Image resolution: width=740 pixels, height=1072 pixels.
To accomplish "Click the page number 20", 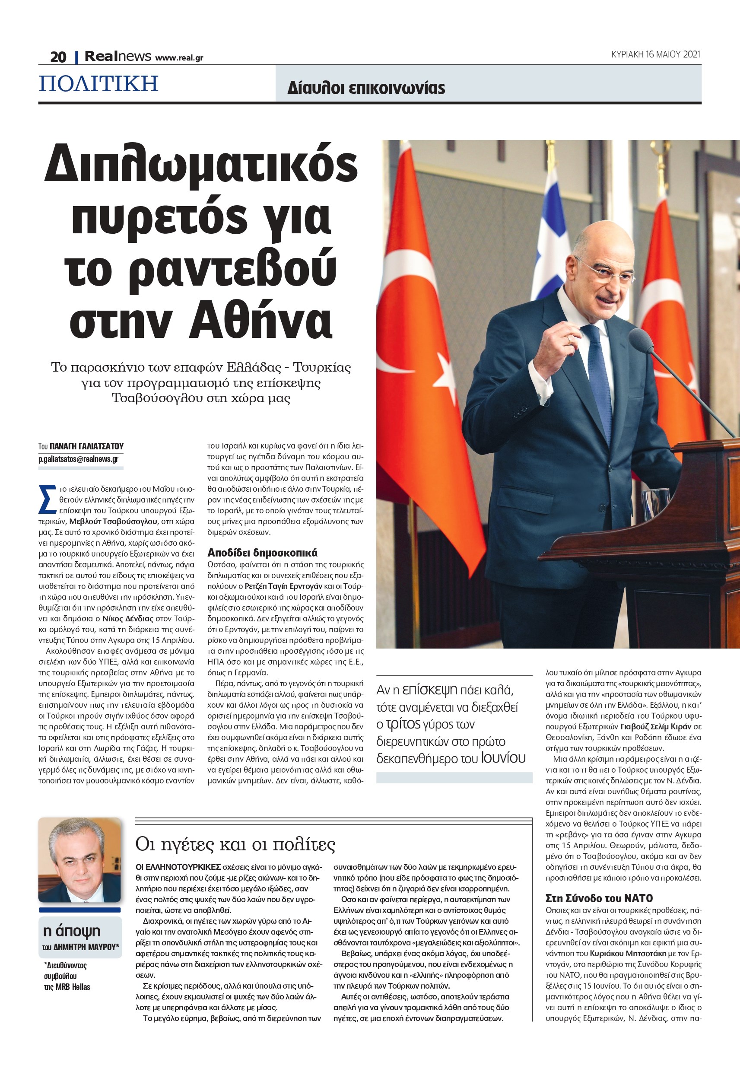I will coord(58,57).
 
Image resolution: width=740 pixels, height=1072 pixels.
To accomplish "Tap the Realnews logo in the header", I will coord(118,57).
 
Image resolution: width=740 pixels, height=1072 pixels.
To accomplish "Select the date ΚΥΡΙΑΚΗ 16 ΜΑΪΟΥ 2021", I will coord(655,54).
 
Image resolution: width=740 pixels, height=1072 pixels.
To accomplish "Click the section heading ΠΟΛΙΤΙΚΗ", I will coord(99,84).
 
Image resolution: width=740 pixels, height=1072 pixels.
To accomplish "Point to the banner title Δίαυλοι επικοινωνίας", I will coord(366,88).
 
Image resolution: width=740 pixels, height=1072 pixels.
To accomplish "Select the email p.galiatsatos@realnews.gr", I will coord(78,459).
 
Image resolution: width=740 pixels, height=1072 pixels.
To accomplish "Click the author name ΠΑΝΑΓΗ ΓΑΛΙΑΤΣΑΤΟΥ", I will coord(86,446).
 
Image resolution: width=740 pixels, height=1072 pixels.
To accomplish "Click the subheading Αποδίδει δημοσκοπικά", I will coord(262,552).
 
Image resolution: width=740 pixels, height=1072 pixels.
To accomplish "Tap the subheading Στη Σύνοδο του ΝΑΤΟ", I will coord(600,898).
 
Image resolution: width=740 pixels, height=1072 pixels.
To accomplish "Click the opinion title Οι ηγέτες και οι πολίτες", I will coord(235,844).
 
